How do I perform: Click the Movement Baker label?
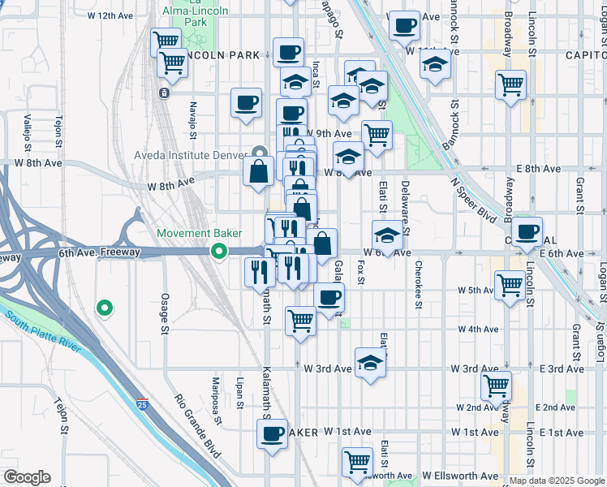click(199, 233)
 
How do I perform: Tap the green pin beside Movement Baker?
click(218, 252)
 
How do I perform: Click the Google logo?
click(27, 476)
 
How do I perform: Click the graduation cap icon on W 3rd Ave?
click(370, 362)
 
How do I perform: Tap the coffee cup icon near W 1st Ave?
click(273, 434)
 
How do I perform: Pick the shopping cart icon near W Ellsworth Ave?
click(356, 462)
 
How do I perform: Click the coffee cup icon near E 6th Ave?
click(527, 231)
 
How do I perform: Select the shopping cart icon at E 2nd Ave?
click(496, 386)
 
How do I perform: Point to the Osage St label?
click(164, 313)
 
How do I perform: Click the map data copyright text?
click(557, 481)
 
